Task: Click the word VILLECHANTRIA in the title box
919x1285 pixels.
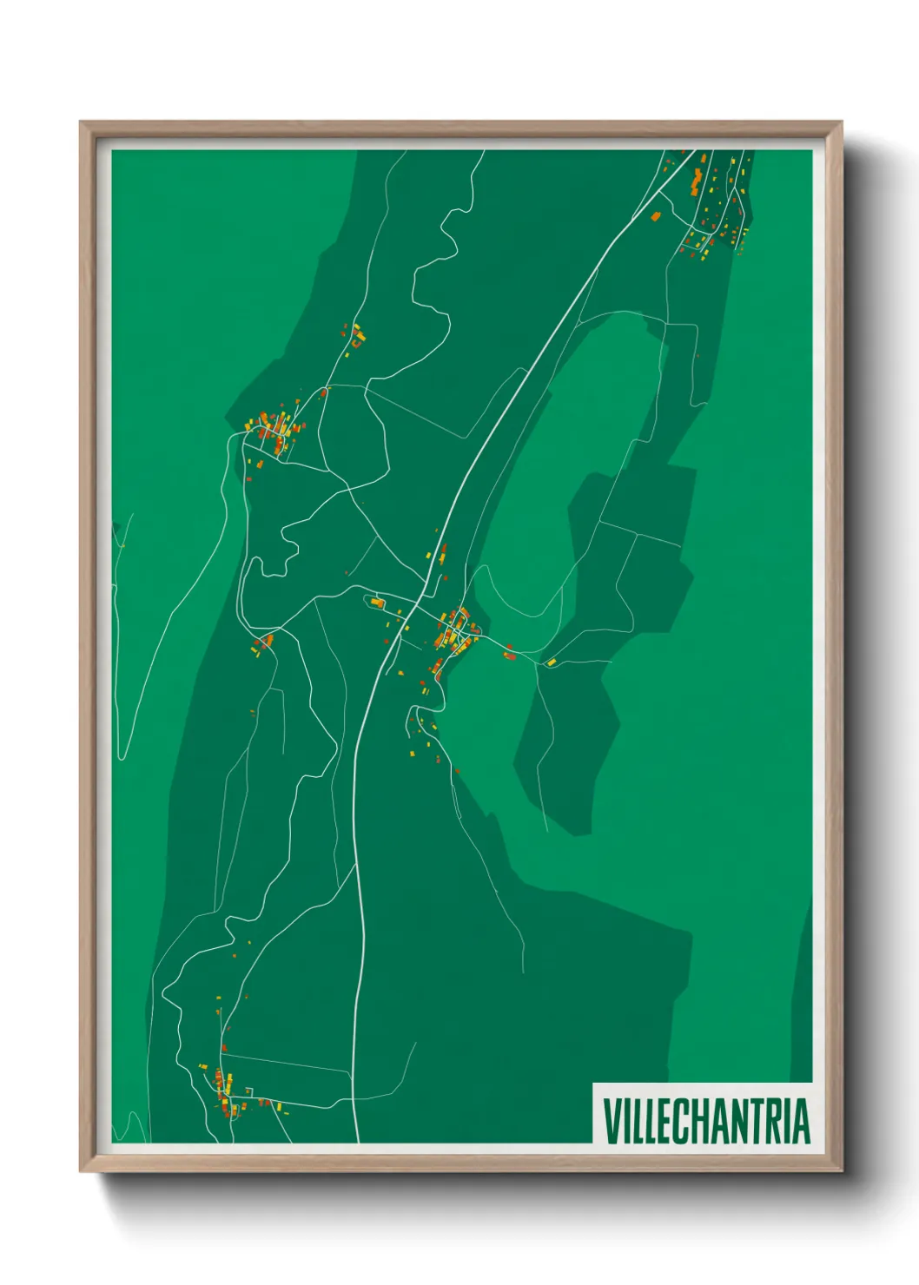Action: [x=705, y=1120]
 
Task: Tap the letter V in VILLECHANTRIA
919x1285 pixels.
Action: [x=611, y=1120]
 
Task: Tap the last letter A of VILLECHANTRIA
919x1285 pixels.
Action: [x=801, y=1120]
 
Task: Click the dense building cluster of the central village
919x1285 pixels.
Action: [x=453, y=629]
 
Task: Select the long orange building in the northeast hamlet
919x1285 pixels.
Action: [x=697, y=182]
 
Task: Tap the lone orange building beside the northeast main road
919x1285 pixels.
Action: [x=656, y=216]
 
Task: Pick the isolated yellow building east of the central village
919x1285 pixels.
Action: [x=551, y=662]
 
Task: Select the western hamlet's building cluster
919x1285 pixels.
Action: [x=271, y=432]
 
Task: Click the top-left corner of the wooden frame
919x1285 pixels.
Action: [x=82, y=123]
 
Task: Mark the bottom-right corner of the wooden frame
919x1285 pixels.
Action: [x=841, y=1170]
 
